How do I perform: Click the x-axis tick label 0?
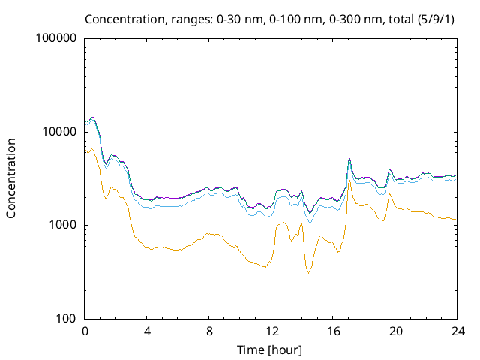(85, 331)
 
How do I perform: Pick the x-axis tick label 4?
(147, 331)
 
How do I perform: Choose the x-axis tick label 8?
(209, 331)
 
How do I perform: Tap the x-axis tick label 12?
(271, 331)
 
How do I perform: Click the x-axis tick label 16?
(334, 331)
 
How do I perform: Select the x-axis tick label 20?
(395, 331)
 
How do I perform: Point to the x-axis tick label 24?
(457, 331)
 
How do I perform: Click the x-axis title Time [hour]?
(271, 349)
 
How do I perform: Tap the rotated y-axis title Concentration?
(11, 178)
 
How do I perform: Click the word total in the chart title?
(394, 18)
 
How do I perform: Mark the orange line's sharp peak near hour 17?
(350, 181)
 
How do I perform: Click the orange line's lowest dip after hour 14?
(308, 273)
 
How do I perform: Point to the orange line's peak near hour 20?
(390, 194)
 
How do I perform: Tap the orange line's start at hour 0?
(85, 152)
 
